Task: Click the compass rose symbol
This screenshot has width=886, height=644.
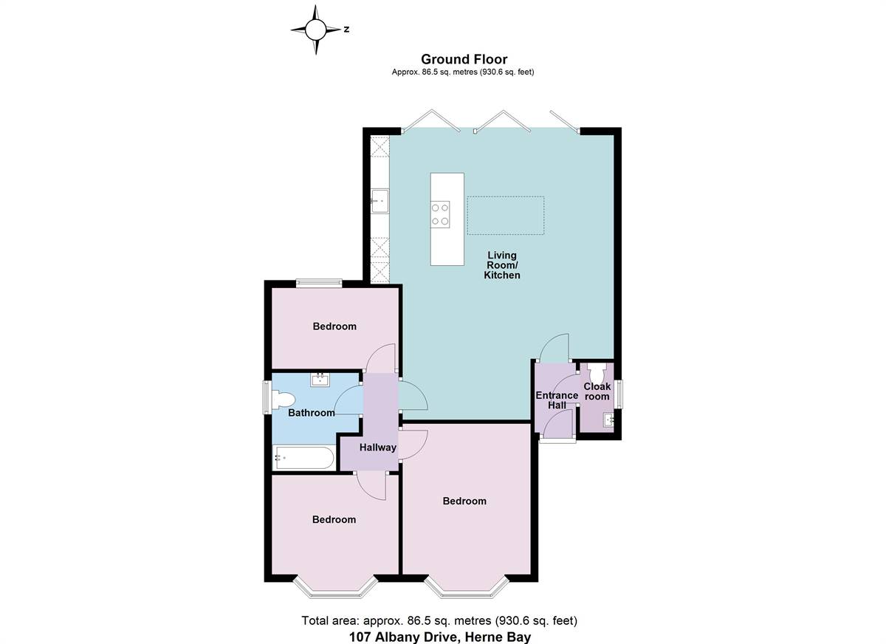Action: [316, 30]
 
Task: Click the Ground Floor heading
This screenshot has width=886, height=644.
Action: [464, 59]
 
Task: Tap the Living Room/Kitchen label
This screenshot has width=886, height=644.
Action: [501, 265]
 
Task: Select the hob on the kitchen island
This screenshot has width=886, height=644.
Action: [441, 214]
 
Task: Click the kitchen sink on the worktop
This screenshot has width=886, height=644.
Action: [380, 200]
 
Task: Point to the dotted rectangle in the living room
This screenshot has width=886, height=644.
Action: [506, 215]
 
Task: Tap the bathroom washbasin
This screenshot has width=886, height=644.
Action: [320, 380]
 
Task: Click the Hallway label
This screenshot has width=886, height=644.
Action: [378, 448]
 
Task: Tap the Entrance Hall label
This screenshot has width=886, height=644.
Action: [557, 400]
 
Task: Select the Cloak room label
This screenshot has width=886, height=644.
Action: [597, 391]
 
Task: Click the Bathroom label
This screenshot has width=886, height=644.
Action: [311, 413]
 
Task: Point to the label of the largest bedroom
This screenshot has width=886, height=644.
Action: [464, 501]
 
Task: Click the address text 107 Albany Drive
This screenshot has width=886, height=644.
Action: [440, 636]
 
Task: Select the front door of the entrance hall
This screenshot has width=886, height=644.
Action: [557, 439]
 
